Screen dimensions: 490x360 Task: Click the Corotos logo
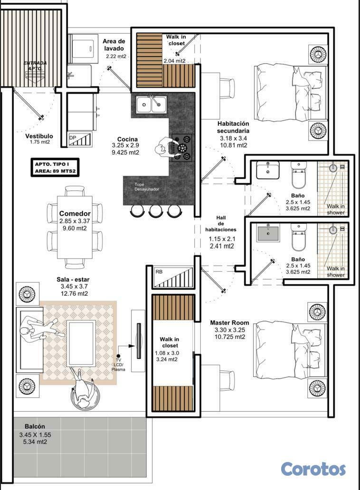pos(313,469)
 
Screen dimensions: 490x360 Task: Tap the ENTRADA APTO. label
pos(35,66)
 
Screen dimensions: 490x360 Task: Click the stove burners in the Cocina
pos(182,147)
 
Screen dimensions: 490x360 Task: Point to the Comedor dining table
pos(75,227)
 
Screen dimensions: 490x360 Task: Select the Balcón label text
pos(35,426)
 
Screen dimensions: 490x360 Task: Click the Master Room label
pos(229,323)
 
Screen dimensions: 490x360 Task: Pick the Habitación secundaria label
pos(233,127)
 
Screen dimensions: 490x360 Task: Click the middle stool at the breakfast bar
pos(155,210)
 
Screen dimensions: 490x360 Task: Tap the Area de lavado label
pos(114,45)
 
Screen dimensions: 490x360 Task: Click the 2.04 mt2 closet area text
pos(174,61)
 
